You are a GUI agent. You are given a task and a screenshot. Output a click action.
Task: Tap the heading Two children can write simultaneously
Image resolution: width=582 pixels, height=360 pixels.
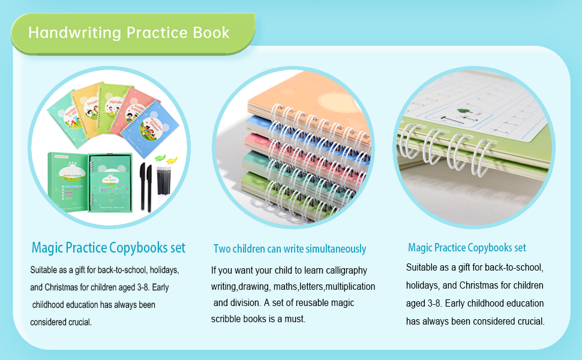pyautogui.click(x=289, y=248)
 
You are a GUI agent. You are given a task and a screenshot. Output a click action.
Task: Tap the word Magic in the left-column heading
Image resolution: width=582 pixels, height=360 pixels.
pyautogui.click(x=47, y=247)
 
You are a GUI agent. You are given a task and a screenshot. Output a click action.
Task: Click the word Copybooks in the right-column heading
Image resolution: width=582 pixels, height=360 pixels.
pyautogui.click(x=489, y=247)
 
